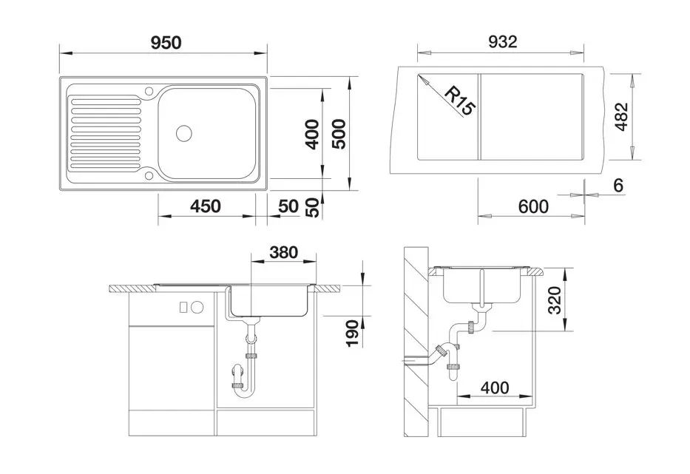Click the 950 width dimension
click(166, 42)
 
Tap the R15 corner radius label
click(459, 99)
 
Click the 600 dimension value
click(532, 206)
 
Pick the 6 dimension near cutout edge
click(618, 185)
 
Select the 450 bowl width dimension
click(205, 206)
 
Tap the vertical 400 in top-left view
click(313, 134)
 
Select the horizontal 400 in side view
click(494, 387)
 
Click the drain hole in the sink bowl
click(183, 134)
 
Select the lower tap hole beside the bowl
click(149, 175)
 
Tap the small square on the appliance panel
click(184, 306)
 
